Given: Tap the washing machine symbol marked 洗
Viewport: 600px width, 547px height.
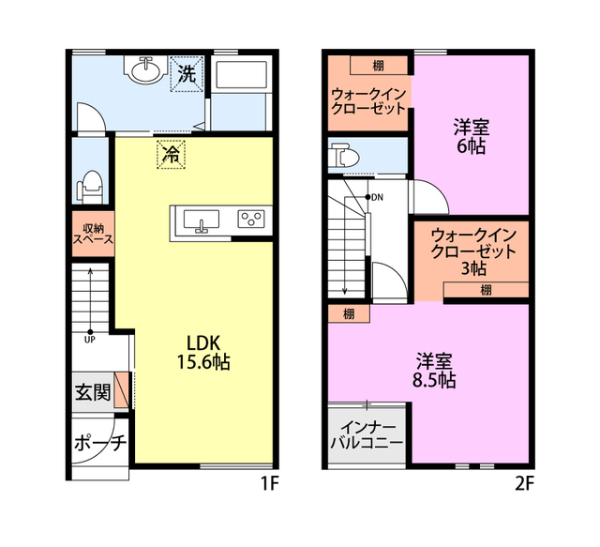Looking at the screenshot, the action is (187, 74).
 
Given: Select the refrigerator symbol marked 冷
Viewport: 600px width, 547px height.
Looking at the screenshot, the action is (171, 155).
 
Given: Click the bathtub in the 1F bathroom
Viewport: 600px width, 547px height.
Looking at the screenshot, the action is (241, 75).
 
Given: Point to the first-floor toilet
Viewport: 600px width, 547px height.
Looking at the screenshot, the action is (90, 188).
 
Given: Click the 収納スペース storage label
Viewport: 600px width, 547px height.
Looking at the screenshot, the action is (93, 234).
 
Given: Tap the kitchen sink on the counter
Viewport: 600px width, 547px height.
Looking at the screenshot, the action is (202, 220).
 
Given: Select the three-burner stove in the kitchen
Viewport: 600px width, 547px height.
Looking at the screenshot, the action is (251, 220).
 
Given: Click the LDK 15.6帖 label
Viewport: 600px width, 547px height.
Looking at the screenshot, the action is (202, 353).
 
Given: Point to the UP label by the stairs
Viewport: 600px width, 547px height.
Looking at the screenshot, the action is (90, 340).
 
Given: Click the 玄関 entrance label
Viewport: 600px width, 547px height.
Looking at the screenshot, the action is (93, 392).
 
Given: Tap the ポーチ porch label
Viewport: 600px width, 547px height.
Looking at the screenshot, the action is (100, 443).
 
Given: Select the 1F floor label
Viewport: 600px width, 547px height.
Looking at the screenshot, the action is (270, 484).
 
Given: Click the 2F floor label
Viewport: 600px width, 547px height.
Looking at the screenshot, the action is (524, 484).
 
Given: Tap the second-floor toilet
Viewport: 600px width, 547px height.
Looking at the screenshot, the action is (345, 155).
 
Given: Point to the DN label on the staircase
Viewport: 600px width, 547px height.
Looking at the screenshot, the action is (377, 198).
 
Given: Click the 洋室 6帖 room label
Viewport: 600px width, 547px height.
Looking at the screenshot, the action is (472, 137).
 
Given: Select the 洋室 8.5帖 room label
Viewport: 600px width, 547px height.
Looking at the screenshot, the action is (434, 371).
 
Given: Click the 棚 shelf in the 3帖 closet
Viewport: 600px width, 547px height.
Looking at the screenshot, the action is (486, 290).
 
